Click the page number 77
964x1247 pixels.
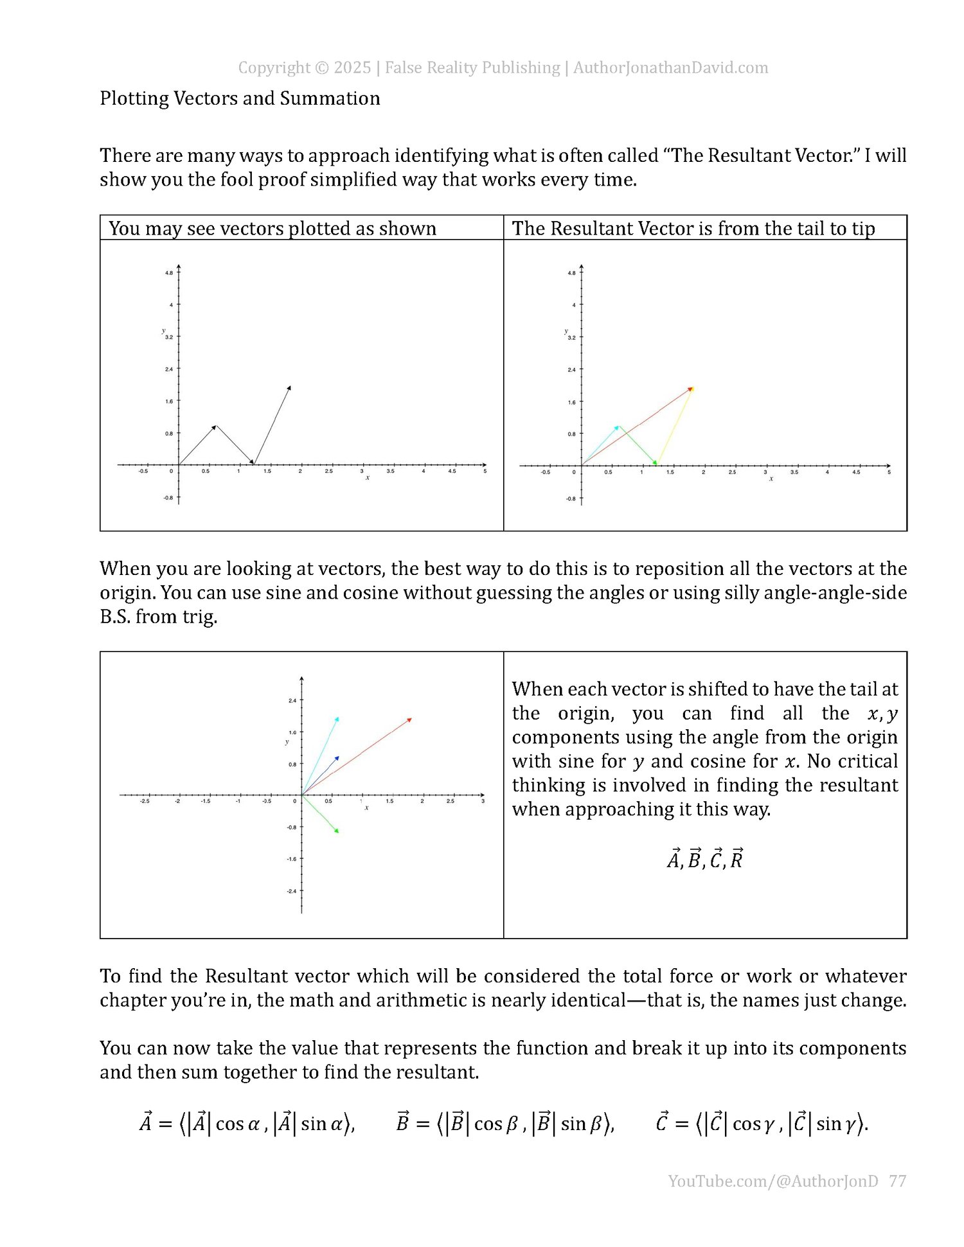click(897, 1181)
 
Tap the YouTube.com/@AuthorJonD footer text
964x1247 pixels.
click(772, 1181)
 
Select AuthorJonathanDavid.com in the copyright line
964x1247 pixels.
click(670, 67)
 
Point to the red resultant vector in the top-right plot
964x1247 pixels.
click(636, 427)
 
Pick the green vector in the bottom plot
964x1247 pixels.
click(320, 813)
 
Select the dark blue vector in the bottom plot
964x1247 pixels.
click(320, 776)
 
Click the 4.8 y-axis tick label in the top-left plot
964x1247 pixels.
click(168, 273)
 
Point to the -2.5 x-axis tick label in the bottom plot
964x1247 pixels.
click(145, 801)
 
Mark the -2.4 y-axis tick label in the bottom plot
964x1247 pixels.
click(292, 891)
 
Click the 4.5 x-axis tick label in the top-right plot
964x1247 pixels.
click(856, 472)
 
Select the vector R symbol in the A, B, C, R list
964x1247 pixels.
click(736, 858)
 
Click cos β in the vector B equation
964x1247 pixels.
click(495, 1124)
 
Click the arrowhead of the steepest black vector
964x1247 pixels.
click(289, 387)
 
